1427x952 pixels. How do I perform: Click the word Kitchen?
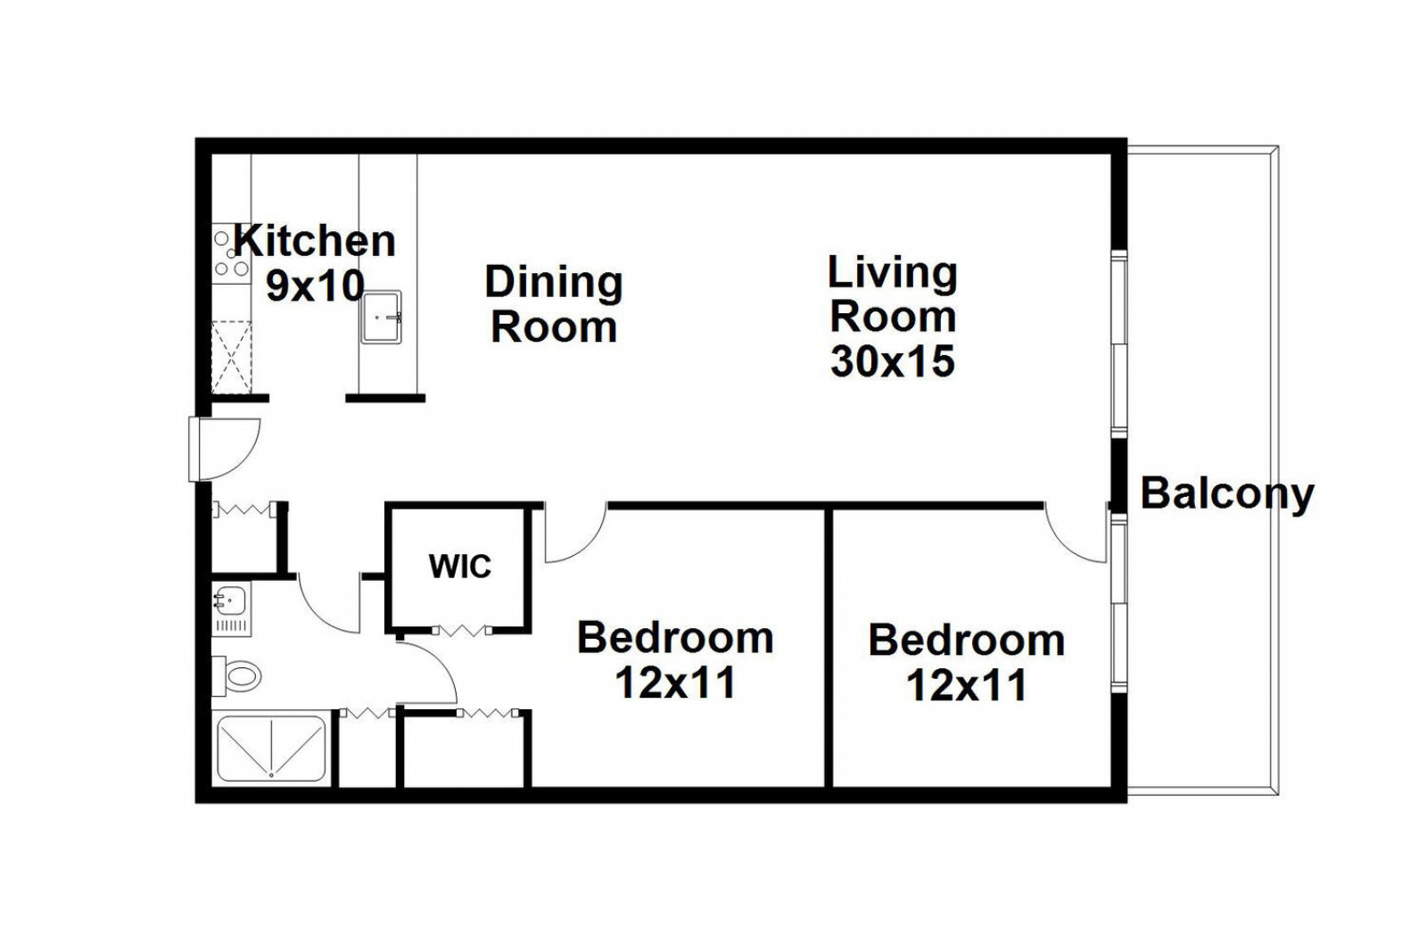(315, 241)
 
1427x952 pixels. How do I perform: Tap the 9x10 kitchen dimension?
(315, 286)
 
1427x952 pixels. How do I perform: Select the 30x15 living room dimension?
(893, 360)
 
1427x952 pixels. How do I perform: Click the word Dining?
(554, 282)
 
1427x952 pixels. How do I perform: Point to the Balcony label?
(1227, 493)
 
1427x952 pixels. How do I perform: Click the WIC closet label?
(460, 566)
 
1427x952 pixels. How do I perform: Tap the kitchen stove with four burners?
(231, 253)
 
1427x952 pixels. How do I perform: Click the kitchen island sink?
(381, 317)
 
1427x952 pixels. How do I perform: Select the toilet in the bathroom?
(236, 676)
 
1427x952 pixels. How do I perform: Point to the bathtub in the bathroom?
(271, 749)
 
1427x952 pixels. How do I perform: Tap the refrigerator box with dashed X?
(231, 358)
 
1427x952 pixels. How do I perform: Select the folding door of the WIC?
(463, 631)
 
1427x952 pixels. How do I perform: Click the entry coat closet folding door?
(244, 509)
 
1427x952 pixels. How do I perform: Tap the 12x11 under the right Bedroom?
(967, 685)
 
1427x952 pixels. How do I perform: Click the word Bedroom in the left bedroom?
(675, 637)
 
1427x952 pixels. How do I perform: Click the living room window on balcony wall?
(1119, 344)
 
